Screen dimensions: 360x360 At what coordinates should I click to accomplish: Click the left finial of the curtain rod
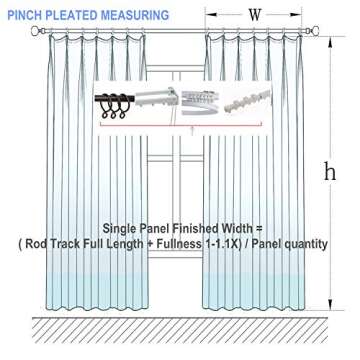tap(37, 32)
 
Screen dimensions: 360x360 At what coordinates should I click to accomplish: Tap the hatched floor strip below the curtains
tap(180, 330)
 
